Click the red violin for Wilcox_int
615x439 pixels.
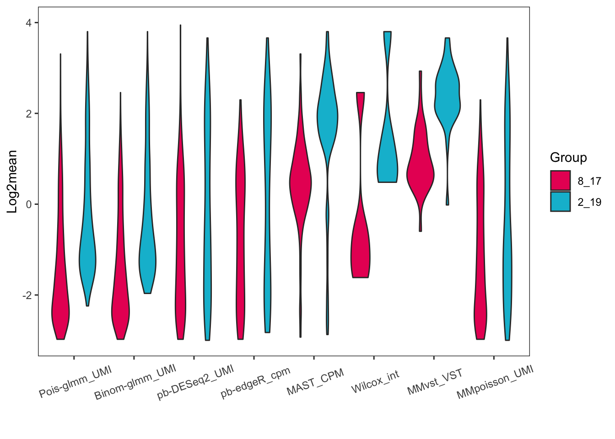(360, 256)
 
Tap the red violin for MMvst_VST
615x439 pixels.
(420, 174)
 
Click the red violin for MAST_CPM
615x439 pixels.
(300, 183)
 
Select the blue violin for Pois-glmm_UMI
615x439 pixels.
(87, 261)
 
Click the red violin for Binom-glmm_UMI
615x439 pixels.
(120, 311)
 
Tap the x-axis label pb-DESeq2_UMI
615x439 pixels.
(196, 382)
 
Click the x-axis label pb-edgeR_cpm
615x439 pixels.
(255, 382)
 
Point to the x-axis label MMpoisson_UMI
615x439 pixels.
(495, 382)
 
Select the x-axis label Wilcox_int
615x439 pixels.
(375, 382)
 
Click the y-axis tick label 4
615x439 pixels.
(29, 23)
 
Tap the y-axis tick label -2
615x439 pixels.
(27, 295)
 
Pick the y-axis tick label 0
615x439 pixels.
(29, 204)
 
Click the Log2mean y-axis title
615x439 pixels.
(12, 182)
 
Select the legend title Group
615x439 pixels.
(568, 158)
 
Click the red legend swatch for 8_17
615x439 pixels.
(561, 181)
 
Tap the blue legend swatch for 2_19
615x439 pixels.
(561, 202)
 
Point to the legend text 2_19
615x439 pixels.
(589, 202)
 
